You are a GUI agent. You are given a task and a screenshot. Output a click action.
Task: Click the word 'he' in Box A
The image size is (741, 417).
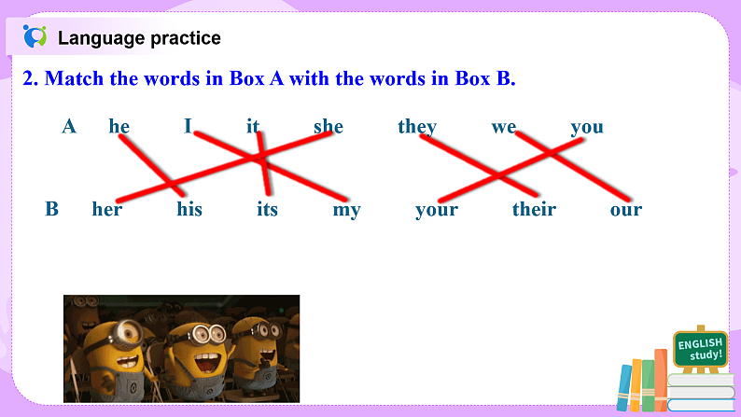pos(119,127)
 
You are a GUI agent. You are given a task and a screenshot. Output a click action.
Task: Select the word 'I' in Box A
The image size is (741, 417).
pos(188,126)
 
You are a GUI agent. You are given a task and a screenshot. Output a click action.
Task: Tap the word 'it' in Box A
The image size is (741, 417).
pos(253,127)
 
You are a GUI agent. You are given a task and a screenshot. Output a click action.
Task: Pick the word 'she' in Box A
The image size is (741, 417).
pos(329,127)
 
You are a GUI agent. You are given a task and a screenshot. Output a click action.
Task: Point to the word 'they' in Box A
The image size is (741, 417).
pos(416,127)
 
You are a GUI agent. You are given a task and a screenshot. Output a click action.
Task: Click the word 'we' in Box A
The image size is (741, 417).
pos(503,127)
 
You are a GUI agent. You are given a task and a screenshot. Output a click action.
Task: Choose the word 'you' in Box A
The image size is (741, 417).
pos(586,127)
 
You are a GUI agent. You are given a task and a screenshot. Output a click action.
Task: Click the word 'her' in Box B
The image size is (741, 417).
pos(106,209)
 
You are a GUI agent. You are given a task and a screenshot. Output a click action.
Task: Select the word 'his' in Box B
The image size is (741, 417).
pos(189,209)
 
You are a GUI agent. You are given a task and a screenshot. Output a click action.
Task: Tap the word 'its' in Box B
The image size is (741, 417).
pos(267,209)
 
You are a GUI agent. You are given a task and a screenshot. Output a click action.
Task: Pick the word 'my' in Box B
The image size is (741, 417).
pos(346,210)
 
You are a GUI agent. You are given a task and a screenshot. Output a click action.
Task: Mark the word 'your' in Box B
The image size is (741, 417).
pos(436,210)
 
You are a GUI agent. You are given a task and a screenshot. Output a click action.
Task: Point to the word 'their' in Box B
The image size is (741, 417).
pos(534,209)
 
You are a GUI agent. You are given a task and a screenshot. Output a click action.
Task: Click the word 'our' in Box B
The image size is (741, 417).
pos(625,210)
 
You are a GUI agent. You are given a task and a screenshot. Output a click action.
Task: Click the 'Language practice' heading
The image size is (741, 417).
pos(139,38)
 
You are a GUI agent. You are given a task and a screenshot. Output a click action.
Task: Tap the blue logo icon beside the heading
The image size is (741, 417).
pos(35,37)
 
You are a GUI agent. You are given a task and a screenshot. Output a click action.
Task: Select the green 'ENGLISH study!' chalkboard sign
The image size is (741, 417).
pos(699,349)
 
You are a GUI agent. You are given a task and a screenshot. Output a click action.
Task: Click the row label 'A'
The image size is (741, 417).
pos(69,127)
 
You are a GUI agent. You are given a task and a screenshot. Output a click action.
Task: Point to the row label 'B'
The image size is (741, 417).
pos(52,209)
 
